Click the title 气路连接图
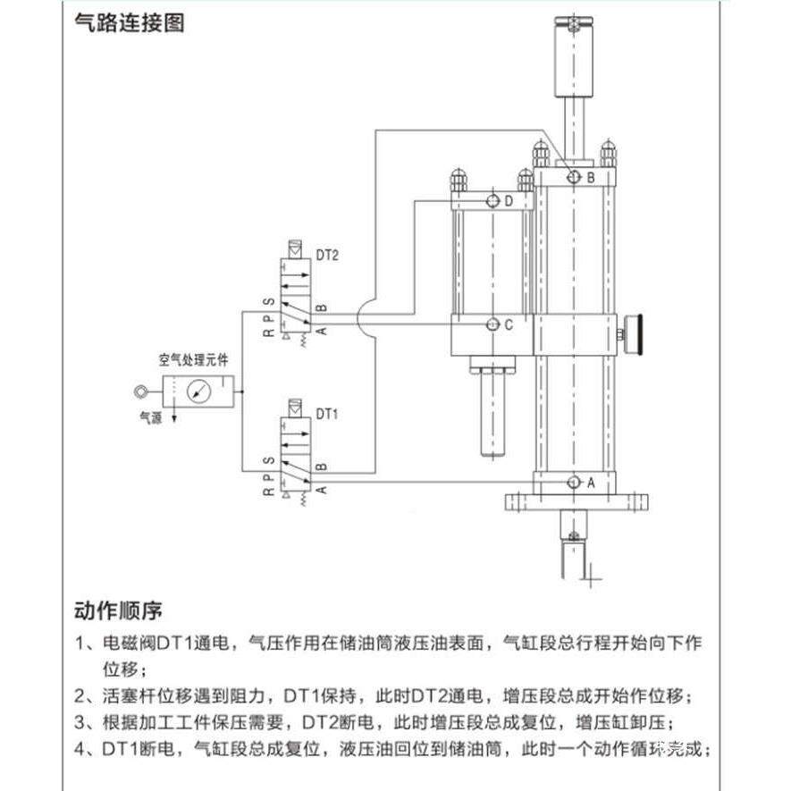tap(130, 24)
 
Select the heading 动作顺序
tap(118, 612)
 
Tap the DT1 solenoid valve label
tap(327, 414)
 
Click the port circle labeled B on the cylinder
tap(573, 178)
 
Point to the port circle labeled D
tap(492, 202)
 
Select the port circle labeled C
tap(492, 325)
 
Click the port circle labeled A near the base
tap(573, 483)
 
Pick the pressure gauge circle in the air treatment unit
tap(201, 391)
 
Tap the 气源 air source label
tap(149, 416)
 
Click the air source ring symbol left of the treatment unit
tap(140, 391)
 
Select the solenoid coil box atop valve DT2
tap(294, 248)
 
